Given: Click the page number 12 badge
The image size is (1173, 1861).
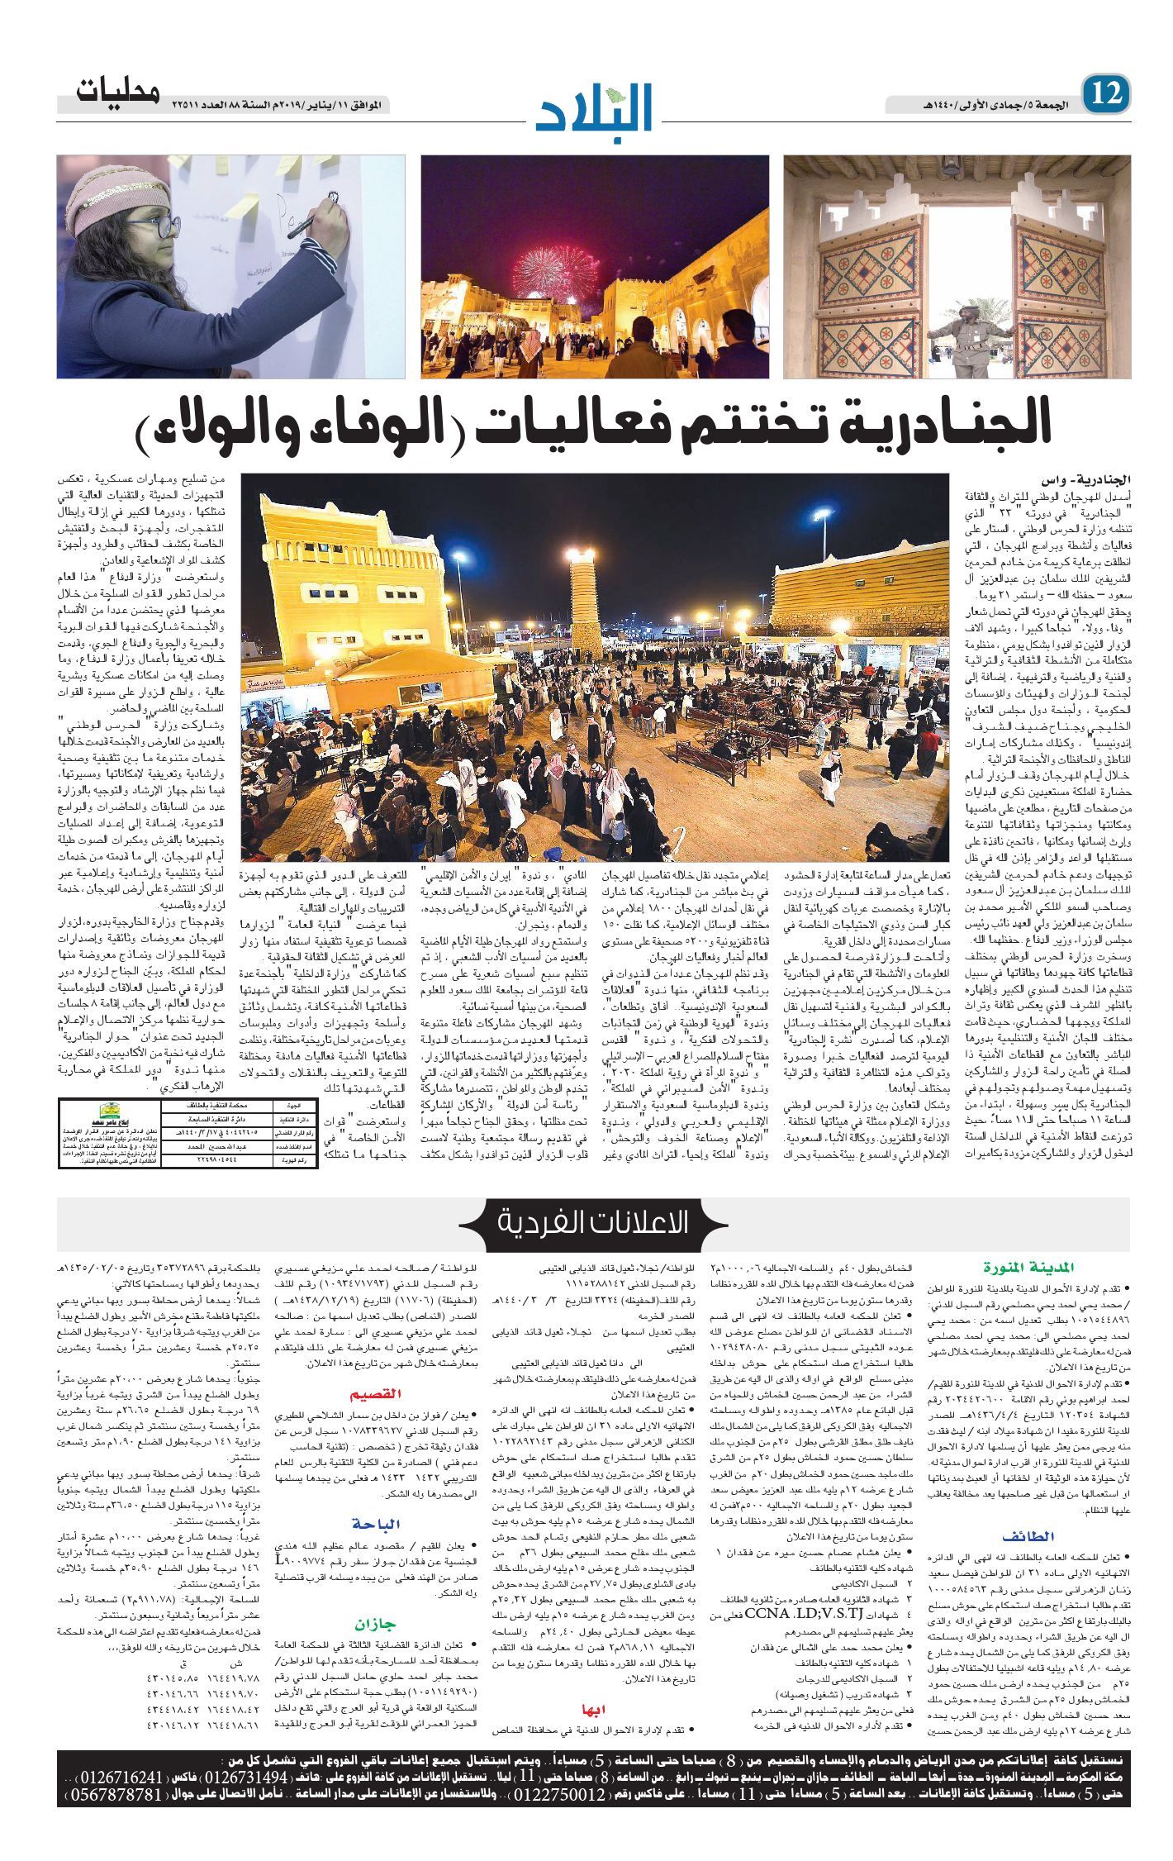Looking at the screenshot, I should [1106, 93].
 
